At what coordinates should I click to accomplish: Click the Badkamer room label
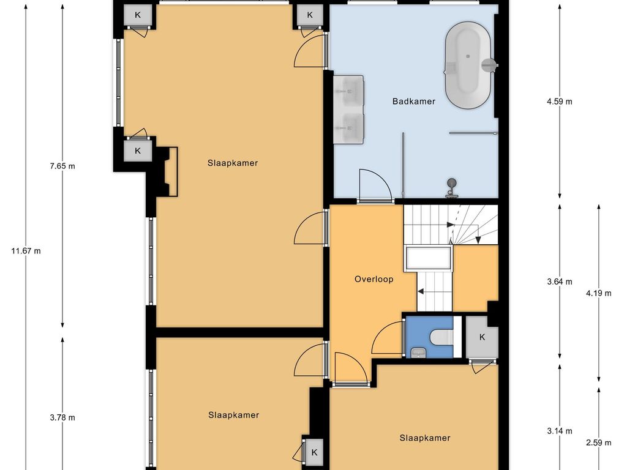[413, 102]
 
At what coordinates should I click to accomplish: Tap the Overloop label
[374, 279]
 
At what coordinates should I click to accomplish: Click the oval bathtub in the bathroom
[468, 65]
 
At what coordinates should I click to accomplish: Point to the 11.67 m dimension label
[26, 251]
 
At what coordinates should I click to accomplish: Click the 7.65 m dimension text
[62, 166]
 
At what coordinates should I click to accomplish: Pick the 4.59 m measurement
[560, 102]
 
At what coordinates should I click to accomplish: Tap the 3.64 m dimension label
[560, 282]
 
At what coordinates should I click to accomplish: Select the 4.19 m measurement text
[599, 293]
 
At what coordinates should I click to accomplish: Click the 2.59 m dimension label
[599, 442]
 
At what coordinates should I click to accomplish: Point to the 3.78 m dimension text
[62, 417]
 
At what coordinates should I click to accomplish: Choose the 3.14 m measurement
[560, 431]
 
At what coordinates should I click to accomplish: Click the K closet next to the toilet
[482, 337]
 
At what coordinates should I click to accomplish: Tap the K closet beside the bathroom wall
[310, 15]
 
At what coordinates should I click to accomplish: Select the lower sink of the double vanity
[348, 127]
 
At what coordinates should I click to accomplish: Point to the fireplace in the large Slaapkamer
[167, 171]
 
